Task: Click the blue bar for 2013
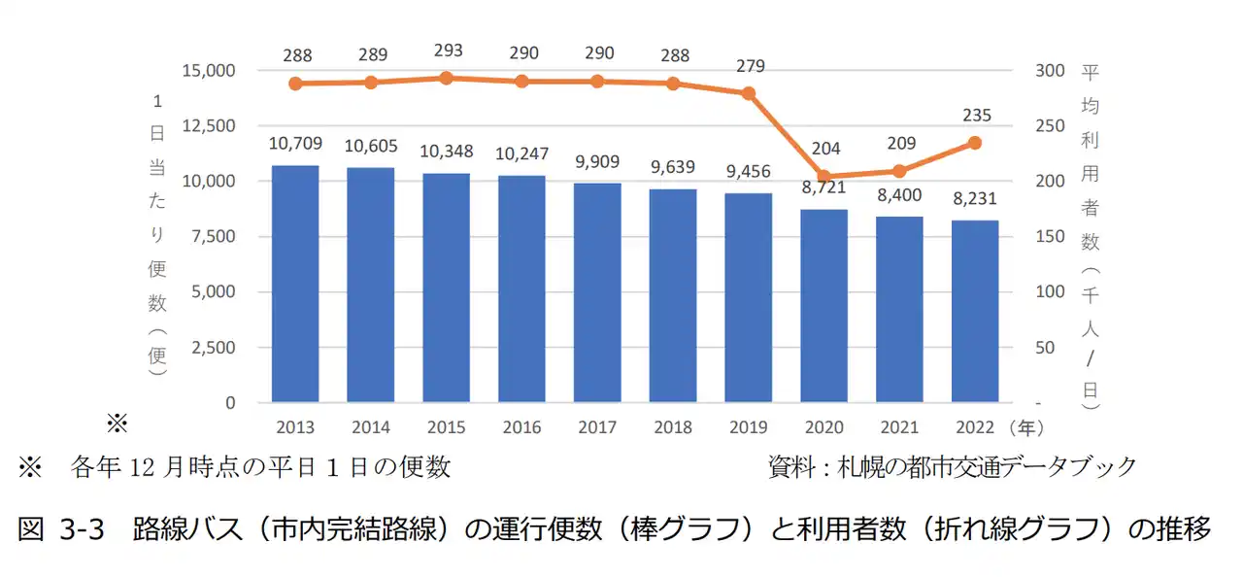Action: (295, 284)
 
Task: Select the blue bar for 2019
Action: (749, 297)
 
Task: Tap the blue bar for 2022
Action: (975, 311)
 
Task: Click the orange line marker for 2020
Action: (824, 177)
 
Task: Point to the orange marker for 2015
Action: (447, 78)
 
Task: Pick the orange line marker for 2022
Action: (975, 143)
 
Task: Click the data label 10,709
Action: (295, 144)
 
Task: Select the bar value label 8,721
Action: (824, 188)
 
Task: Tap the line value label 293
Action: (447, 51)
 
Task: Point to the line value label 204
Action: (824, 149)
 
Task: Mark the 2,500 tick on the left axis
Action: (214, 348)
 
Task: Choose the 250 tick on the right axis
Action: (1051, 126)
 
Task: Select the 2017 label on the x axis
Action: (597, 427)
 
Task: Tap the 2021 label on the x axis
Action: (899, 427)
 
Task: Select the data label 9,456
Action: (749, 172)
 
